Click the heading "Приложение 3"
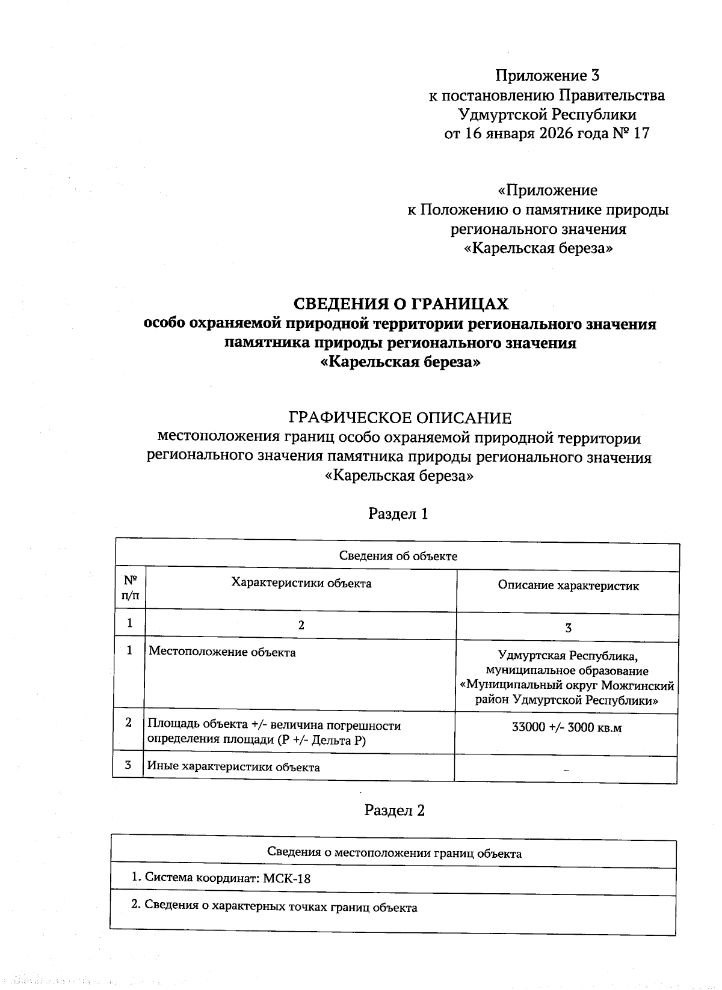[x=547, y=76]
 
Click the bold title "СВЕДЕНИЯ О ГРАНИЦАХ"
[x=400, y=304]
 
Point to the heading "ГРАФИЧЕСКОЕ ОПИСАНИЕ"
[x=400, y=417]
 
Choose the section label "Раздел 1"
[x=398, y=514]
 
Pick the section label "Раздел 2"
[x=395, y=810]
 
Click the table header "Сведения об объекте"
[x=398, y=556]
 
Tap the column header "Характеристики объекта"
[x=301, y=583]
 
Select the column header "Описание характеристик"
[x=568, y=585]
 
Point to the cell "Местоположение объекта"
[x=222, y=652]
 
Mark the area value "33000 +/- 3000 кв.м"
[x=566, y=728]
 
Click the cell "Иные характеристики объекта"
[x=233, y=767]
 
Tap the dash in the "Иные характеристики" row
[x=566, y=771]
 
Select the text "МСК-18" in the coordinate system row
[x=287, y=878]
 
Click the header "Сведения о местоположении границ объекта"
[x=394, y=853]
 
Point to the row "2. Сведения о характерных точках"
[x=274, y=907]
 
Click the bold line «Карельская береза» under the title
[x=400, y=362]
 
